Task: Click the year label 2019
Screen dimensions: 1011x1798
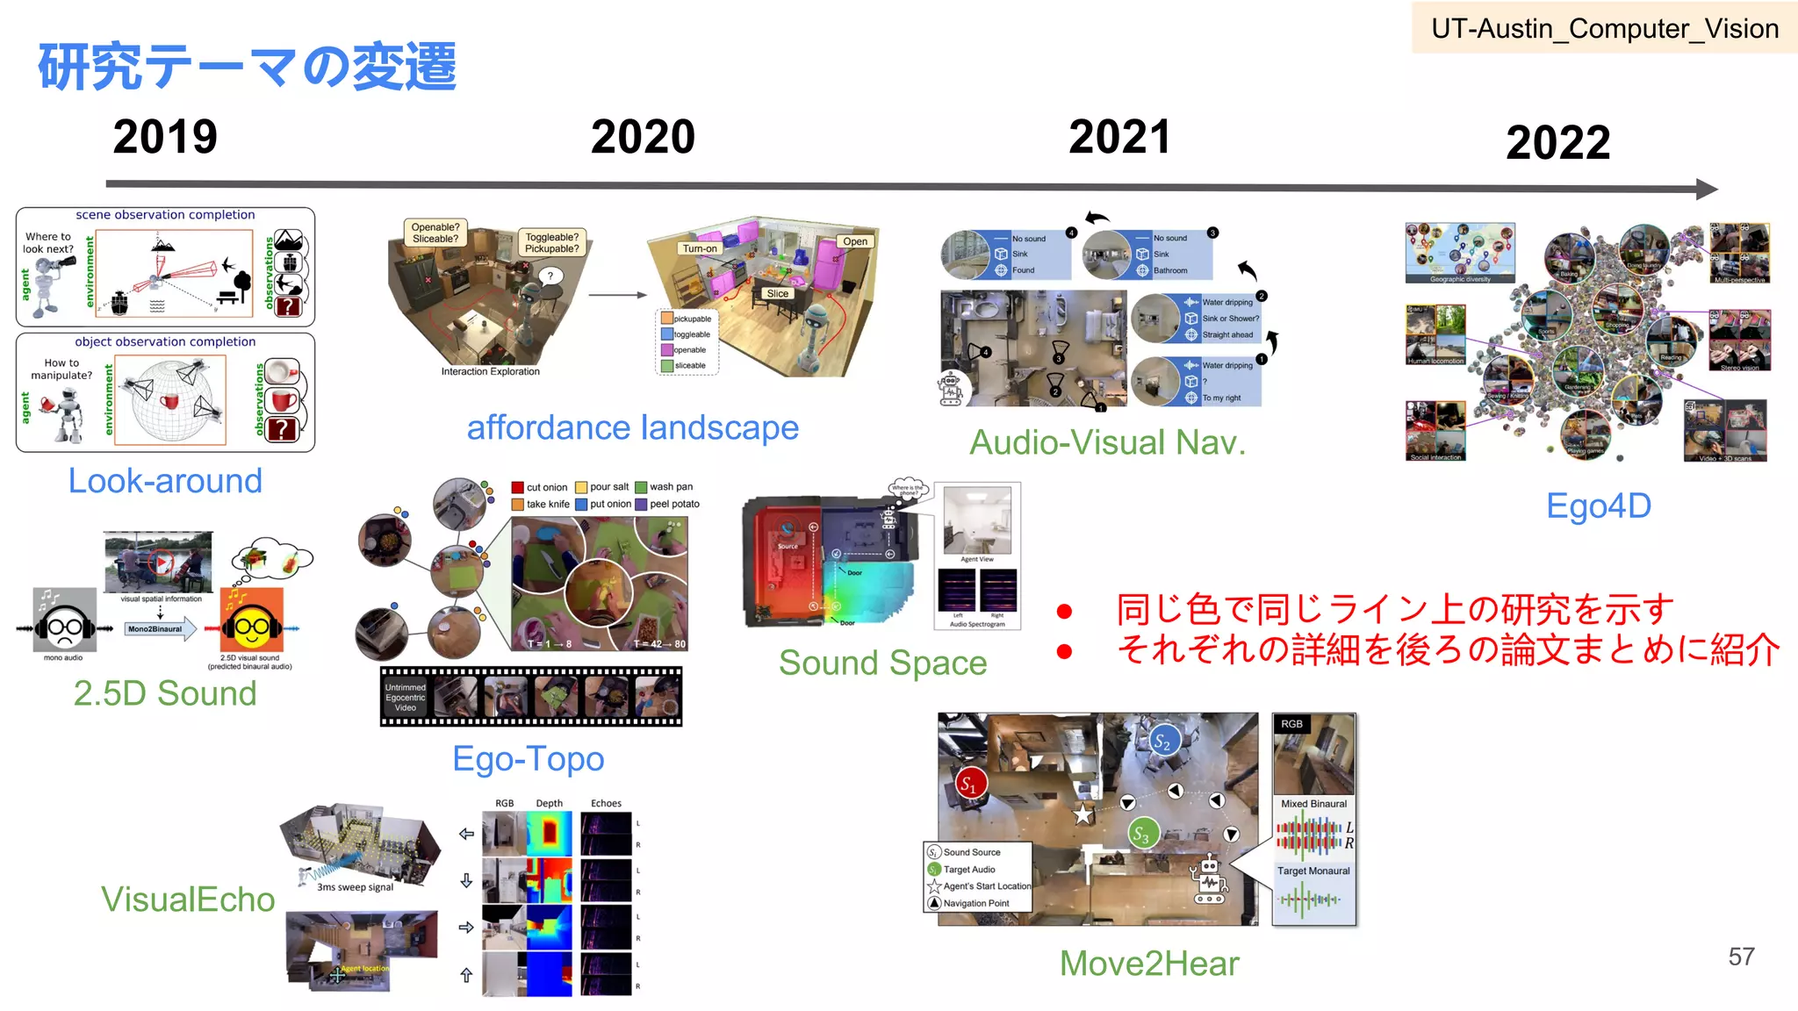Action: (165, 137)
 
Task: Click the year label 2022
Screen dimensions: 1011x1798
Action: (1557, 142)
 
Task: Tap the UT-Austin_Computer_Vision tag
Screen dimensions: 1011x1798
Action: (1604, 29)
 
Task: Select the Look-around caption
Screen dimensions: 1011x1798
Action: (165, 481)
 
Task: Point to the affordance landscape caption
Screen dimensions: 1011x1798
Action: (632, 428)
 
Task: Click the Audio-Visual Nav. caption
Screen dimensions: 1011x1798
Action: (1107, 442)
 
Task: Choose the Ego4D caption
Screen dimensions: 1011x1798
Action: (1598, 506)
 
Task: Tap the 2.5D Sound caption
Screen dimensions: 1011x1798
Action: (165, 693)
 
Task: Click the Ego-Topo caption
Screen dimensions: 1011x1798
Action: (528, 759)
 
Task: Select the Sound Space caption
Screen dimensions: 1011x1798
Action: (882, 663)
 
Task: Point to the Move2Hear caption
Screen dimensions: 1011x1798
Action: (1148, 964)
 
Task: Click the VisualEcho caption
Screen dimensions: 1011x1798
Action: (188, 900)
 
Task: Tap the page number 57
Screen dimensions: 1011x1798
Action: (1741, 957)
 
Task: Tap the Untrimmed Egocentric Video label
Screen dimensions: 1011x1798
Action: (405, 698)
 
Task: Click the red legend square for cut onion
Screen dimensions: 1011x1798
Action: (518, 487)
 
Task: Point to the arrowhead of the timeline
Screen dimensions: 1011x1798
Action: (1707, 189)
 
